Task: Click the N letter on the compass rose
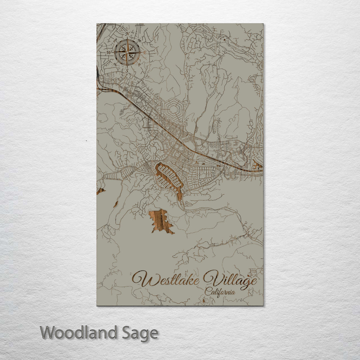pyautogui.click(x=127, y=34)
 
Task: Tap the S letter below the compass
pyautogui.click(x=126, y=71)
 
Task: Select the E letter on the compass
pyautogui.click(x=145, y=52)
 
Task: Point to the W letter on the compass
pyautogui.click(x=109, y=52)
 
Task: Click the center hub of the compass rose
pyautogui.click(x=127, y=52)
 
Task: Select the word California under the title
pyautogui.click(x=220, y=292)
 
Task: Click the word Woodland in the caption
pyautogui.click(x=79, y=333)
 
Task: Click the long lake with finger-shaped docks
pyautogui.click(x=169, y=178)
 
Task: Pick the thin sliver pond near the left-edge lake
pyautogui.click(x=115, y=204)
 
